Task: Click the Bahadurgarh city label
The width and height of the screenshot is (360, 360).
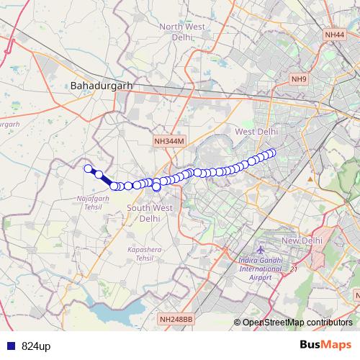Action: tap(102, 86)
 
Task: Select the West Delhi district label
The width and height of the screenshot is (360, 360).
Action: tap(256, 131)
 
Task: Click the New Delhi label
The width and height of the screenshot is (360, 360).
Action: tap(301, 240)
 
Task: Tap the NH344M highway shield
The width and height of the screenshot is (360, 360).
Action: tap(170, 143)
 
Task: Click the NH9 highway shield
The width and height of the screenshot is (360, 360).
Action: tap(299, 78)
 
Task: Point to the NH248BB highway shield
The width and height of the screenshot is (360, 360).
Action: tap(176, 318)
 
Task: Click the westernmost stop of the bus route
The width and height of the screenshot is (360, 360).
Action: tap(89, 169)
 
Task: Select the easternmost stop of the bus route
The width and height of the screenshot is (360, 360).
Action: tap(272, 152)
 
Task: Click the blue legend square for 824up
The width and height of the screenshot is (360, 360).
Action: tap(8, 346)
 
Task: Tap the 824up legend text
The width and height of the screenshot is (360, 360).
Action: tap(36, 346)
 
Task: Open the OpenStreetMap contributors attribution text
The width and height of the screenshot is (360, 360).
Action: tap(297, 322)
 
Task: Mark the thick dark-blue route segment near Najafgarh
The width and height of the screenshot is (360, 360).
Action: tap(106, 180)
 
